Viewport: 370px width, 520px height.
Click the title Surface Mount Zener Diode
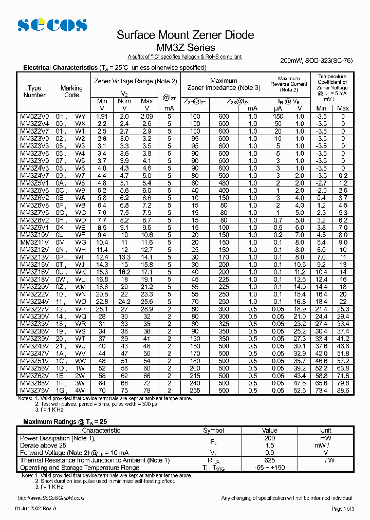(185, 35)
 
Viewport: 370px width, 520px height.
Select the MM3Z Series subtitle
(184, 48)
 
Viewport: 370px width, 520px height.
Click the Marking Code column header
(71, 91)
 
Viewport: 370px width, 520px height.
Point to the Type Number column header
(34, 91)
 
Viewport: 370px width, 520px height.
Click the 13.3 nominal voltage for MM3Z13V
(124, 257)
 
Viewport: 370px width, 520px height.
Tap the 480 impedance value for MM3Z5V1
(224, 183)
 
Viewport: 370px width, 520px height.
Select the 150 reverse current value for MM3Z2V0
(277, 117)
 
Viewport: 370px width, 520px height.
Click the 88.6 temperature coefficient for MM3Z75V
(343, 391)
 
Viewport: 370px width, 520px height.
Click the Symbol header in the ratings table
(213, 431)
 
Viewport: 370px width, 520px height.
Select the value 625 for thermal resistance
(269, 460)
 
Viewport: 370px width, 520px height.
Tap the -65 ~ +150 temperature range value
(269, 468)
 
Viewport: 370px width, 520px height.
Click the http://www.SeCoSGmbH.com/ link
(51, 498)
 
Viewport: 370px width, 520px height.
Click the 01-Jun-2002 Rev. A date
(36, 509)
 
